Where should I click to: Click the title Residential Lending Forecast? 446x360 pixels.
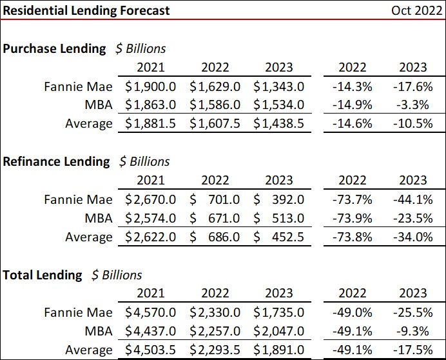coord(86,10)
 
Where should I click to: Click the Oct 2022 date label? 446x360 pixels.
coord(417,10)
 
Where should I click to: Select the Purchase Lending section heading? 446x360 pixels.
coord(55,48)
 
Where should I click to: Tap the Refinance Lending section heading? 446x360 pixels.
coord(57,161)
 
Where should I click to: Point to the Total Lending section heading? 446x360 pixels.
coord(43,275)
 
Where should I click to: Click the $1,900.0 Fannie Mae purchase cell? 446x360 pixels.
coord(150,86)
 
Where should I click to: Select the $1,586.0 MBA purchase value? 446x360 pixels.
coord(215,105)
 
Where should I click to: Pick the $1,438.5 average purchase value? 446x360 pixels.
coord(279,123)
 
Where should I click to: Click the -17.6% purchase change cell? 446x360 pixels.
coord(412,86)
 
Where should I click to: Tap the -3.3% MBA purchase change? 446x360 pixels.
coord(415,105)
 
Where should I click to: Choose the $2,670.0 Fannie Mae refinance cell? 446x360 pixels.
coord(150,199)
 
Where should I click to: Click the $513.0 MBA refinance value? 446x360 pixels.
coord(279,218)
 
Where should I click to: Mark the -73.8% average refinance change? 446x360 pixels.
coord(352,237)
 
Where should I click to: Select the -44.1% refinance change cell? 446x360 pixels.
coord(412,199)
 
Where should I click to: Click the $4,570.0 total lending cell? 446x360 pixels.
coord(150,313)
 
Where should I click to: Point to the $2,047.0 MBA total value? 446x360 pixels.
coord(279,332)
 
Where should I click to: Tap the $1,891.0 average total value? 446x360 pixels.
coord(279,350)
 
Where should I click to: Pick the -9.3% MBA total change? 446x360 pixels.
coord(415,332)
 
